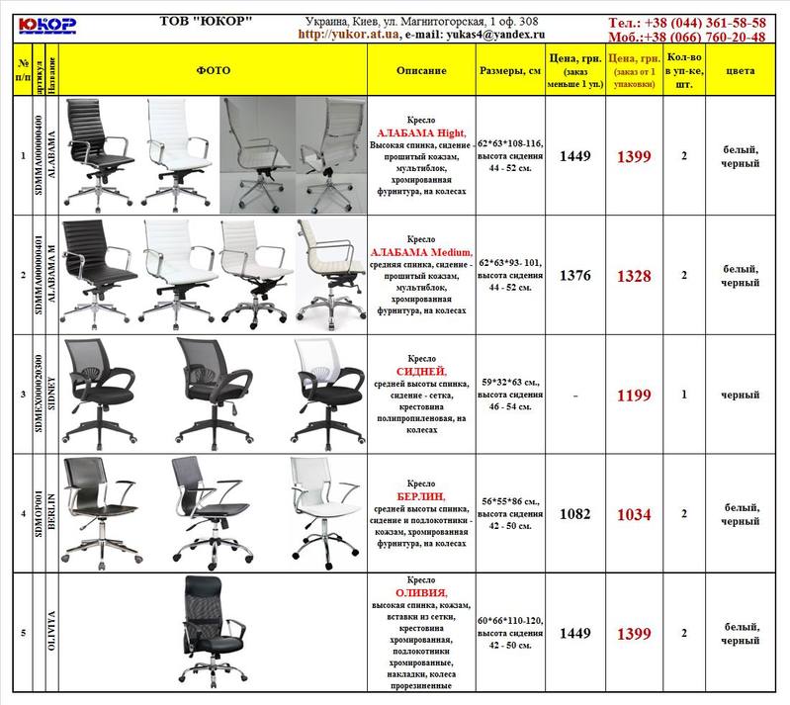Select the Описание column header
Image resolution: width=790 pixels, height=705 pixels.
coord(421,71)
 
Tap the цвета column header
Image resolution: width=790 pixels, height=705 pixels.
coord(740,71)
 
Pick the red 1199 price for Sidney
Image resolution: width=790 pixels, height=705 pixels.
coord(634,396)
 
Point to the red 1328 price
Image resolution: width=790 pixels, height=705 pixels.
coord(634,276)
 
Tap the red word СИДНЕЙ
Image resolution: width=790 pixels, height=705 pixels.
coord(421,370)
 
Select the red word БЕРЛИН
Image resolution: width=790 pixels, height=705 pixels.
coord(421,494)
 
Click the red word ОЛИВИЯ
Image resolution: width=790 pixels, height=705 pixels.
coord(421,592)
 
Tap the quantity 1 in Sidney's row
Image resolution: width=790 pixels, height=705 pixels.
coord(684,395)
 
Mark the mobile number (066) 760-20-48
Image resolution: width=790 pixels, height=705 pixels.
coord(711,37)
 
